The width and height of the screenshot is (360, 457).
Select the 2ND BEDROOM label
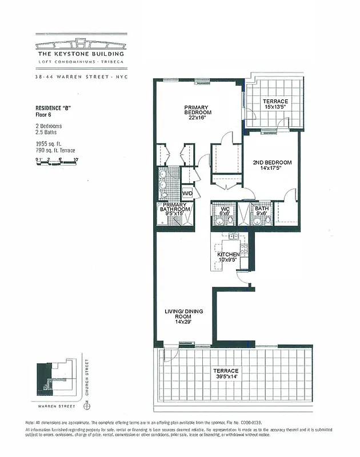pos(272,166)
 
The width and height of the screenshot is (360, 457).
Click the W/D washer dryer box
pos(187,194)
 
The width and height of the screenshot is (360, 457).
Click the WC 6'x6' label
pos(225,211)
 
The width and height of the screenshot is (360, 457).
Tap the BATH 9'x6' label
pos(262,211)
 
